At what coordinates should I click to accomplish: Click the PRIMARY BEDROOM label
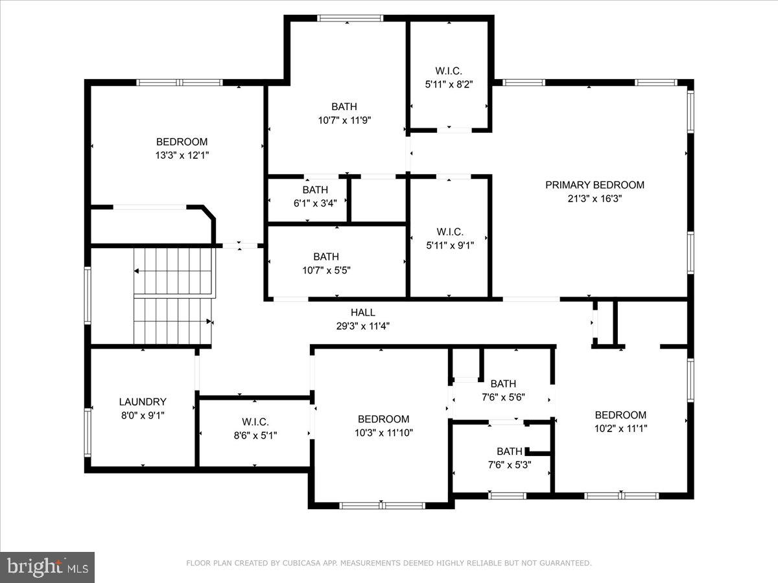[x=595, y=185]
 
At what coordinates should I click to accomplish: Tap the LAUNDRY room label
[x=143, y=402]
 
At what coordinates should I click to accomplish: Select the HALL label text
[x=363, y=313]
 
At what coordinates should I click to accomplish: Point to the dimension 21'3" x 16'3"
[x=595, y=199]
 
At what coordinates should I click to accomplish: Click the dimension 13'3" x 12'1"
[x=182, y=155]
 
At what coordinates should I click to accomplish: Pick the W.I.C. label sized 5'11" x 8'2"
[x=449, y=71]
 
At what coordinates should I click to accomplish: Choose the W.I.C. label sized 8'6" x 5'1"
[x=255, y=422]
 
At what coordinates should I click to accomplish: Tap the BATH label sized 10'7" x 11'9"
[x=344, y=107]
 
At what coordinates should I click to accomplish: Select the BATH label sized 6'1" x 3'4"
[x=315, y=190]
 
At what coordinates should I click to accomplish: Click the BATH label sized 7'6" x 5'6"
[x=503, y=383]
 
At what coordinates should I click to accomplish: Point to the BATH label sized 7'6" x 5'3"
[x=510, y=452]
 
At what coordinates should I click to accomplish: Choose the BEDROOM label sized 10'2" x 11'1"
[x=620, y=415]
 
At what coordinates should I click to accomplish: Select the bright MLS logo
[x=47, y=567]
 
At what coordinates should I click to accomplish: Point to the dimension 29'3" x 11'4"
[x=362, y=326]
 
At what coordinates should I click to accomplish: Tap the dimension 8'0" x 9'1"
[x=143, y=415]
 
